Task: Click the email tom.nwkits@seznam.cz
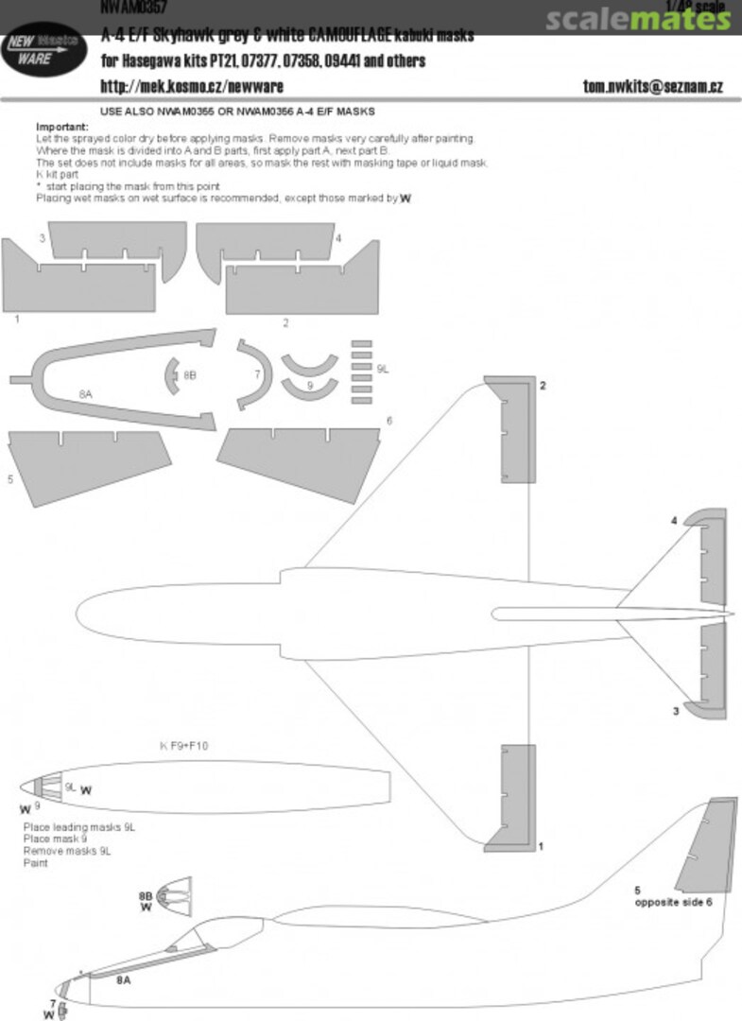click(x=653, y=87)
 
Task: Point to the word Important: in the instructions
click(x=62, y=127)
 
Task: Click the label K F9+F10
click(x=184, y=746)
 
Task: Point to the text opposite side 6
click(x=672, y=902)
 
